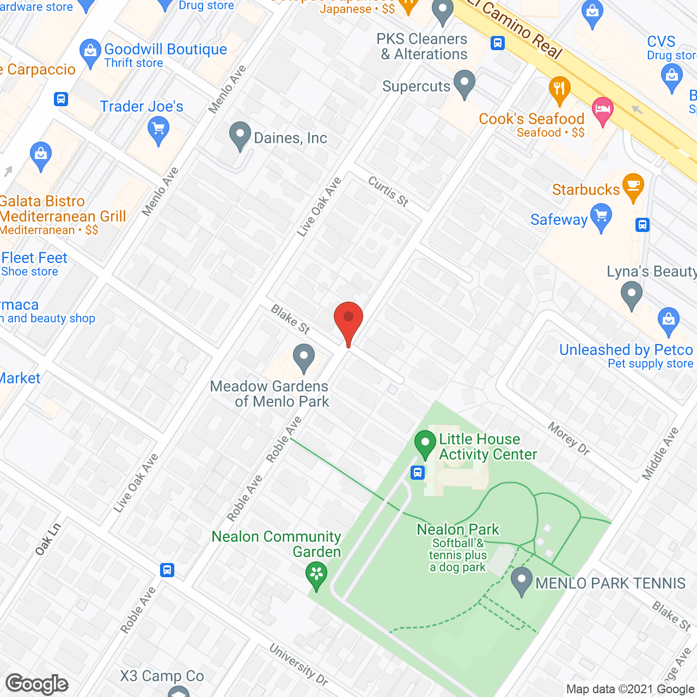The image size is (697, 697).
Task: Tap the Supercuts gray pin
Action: [x=464, y=83]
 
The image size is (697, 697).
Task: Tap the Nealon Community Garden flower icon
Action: [x=316, y=574]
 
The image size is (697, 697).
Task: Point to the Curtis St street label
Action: [x=388, y=192]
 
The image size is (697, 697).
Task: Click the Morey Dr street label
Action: [x=569, y=438]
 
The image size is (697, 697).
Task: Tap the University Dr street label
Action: [x=299, y=665]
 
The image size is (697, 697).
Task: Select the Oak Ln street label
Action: [x=48, y=539]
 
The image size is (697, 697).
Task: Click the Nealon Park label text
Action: [x=458, y=529]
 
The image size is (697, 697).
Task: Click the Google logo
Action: [x=37, y=684]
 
